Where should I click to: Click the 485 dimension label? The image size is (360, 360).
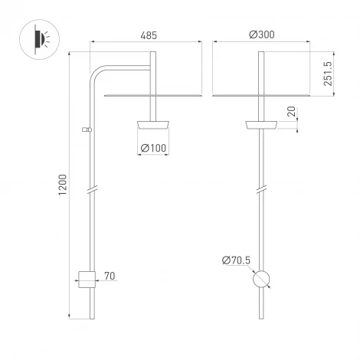[150, 35]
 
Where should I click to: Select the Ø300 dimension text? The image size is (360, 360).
[261, 35]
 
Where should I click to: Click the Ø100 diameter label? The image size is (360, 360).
[154, 147]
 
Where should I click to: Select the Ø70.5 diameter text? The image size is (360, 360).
[236, 260]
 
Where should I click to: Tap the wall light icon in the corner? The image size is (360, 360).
[38, 38]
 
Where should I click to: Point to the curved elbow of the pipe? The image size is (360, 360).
[99, 74]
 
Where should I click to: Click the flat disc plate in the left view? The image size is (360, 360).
[151, 96]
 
